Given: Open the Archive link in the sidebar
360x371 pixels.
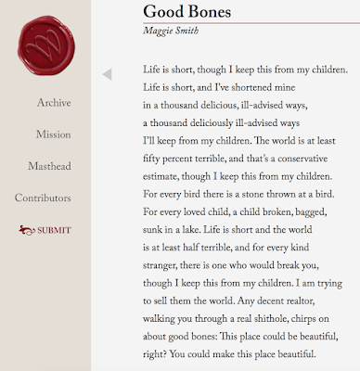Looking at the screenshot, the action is [54, 103].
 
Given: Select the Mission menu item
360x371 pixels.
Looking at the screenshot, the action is [53, 134].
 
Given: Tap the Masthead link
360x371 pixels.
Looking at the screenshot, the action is [51, 166].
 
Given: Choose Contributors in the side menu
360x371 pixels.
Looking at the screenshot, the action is [43, 198].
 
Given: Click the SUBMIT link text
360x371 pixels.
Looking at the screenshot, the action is [54, 230].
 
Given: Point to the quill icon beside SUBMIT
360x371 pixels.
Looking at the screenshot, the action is [25, 230].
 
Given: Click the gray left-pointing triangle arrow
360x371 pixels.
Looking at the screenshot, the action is [107, 74].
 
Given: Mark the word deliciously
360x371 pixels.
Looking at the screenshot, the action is [228, 122].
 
